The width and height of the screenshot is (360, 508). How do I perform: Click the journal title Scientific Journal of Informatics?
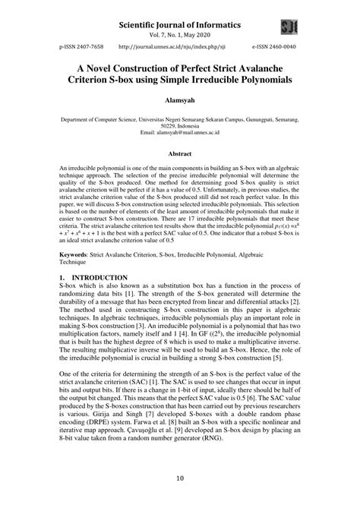click(x=180, y=25)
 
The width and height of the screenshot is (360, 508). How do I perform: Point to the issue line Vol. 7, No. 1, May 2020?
click(x=180, y=36)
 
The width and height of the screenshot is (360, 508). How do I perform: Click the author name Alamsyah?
click(x=180, y=99)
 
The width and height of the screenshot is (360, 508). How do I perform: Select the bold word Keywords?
click(x=77, y=267)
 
